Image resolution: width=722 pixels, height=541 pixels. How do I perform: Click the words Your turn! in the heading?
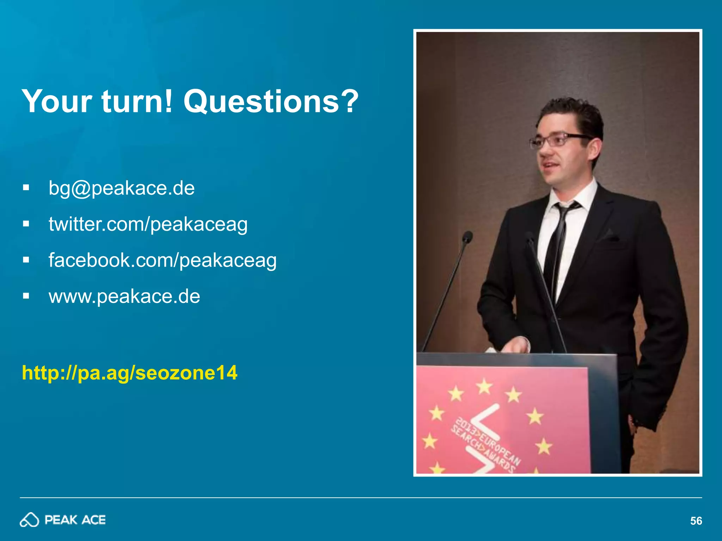97,101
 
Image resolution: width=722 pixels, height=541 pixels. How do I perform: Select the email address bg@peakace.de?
122,188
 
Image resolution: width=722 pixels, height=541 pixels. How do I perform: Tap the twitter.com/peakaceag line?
148,224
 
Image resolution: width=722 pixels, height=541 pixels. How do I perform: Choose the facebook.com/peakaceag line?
163,260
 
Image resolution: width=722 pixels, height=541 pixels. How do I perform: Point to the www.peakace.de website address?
124,296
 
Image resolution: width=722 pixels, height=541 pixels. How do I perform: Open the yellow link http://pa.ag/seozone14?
130,373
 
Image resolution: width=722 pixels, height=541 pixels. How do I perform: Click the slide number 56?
696,521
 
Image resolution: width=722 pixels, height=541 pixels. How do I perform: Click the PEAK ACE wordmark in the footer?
75,520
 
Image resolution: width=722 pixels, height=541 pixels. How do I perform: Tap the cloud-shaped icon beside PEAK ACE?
29,520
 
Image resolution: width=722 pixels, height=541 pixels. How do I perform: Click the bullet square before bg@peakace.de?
26,187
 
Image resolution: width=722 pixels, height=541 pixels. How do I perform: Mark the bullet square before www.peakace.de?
26,296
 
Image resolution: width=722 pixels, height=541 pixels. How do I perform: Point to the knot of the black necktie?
565,208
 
